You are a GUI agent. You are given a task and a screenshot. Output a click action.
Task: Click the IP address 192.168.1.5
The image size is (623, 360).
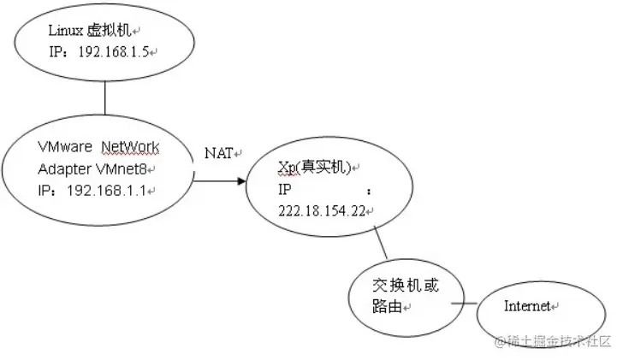point(112,52)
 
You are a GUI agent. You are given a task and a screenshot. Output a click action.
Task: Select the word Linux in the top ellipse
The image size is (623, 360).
point(67,32)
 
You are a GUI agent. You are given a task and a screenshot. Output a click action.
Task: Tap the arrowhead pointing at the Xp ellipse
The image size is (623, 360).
point(241,180)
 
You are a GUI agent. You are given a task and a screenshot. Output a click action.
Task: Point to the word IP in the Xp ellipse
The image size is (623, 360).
point(286,187)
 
